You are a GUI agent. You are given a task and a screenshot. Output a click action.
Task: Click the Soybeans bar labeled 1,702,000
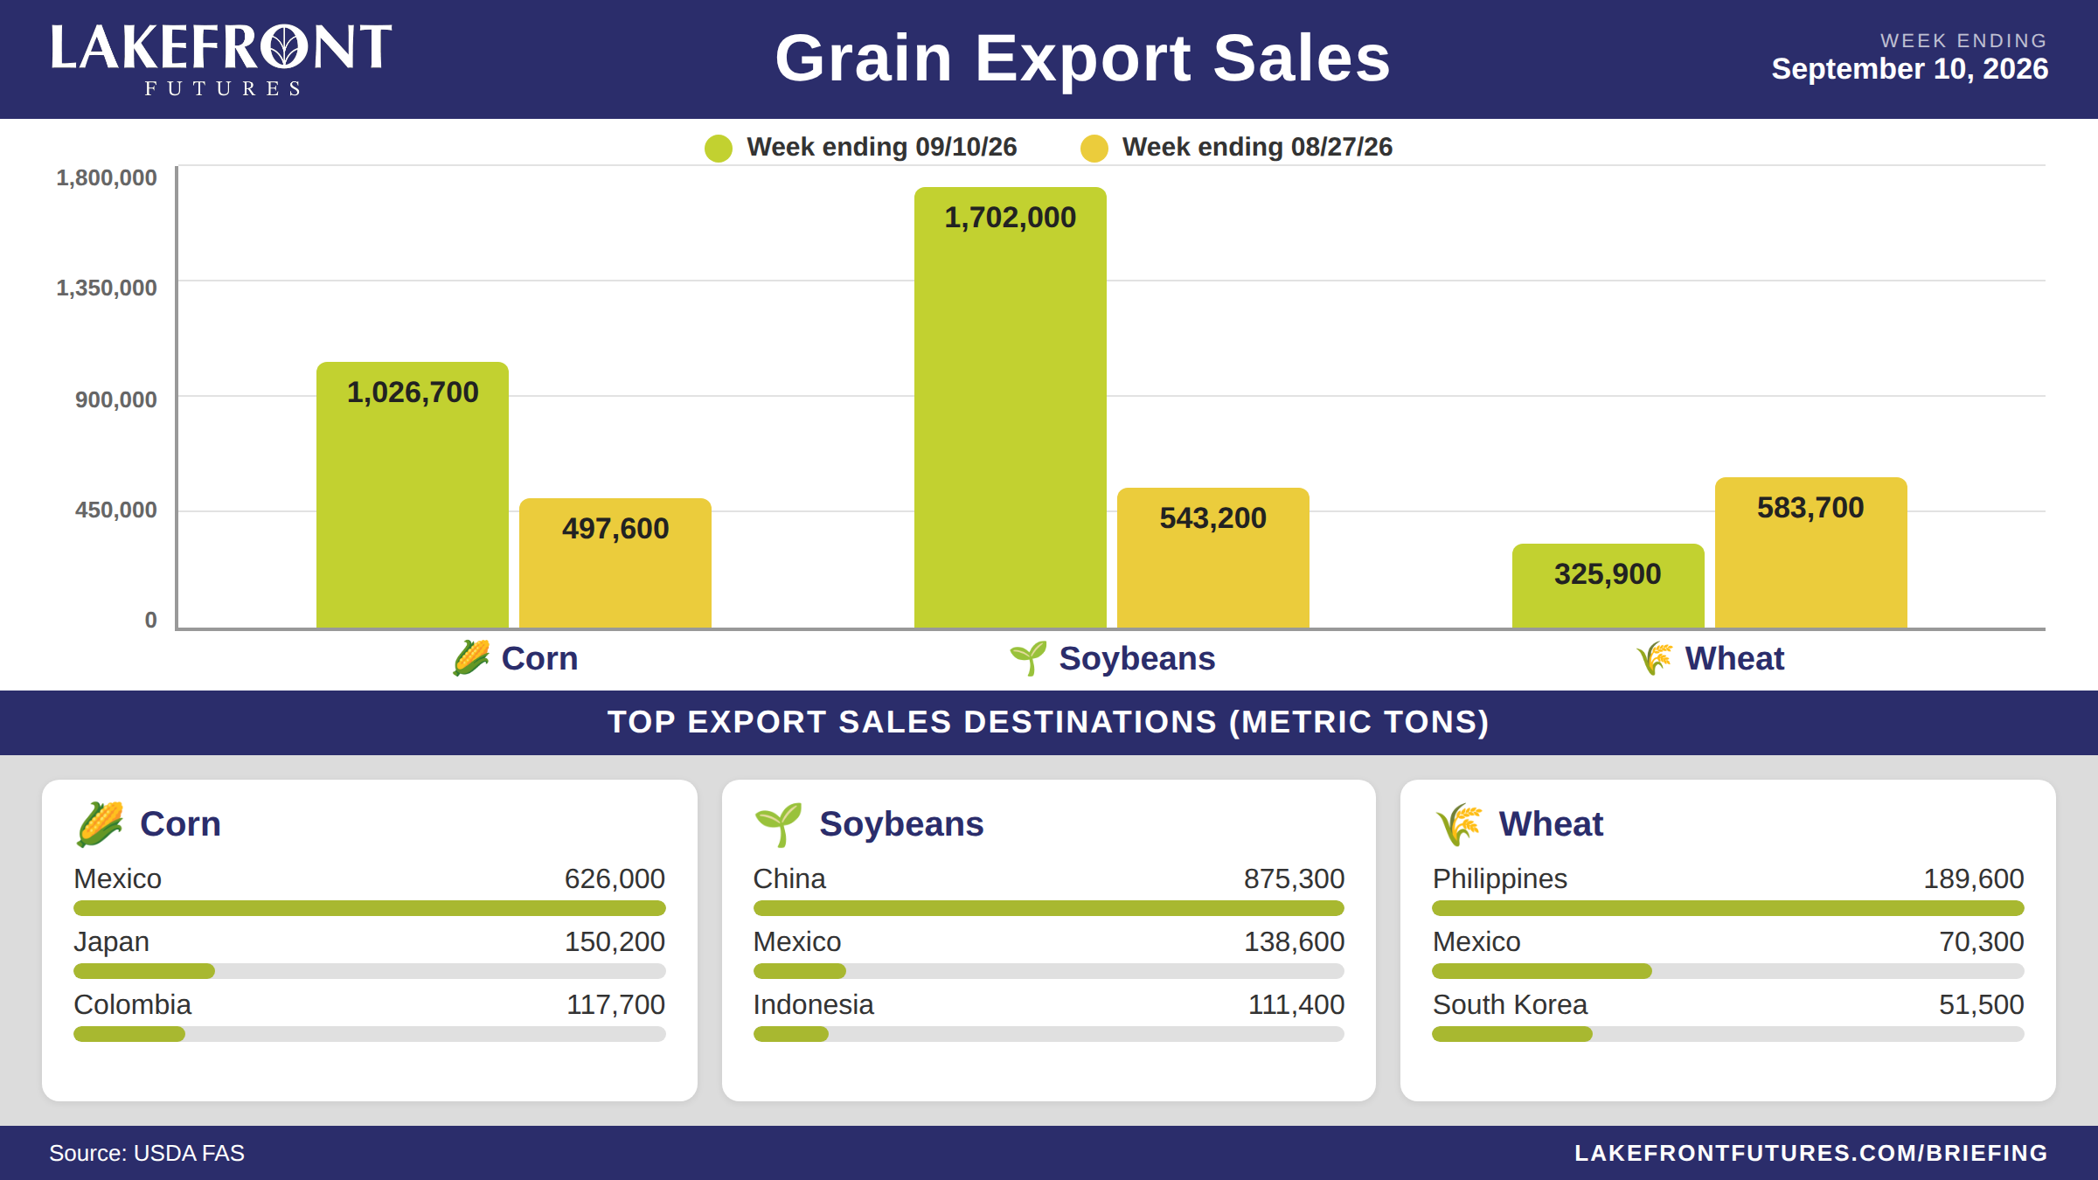[x=1010, y=407]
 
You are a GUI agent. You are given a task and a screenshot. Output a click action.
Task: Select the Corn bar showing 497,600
[x=615, y=563]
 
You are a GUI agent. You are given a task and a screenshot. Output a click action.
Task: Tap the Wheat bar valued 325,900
[x=1608, y=586]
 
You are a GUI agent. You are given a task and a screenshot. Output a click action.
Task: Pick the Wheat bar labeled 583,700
[x=1811, y=552]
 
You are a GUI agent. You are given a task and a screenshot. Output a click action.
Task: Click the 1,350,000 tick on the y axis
[x=107, y=288]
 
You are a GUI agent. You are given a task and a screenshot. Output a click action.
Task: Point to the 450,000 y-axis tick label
[x=115, y=510]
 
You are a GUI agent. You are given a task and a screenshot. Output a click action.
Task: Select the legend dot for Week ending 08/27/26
[x=1094, y=148]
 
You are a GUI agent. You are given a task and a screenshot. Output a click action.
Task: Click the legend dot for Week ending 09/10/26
[x=719, y=148]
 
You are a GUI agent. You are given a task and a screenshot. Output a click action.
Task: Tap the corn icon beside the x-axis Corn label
[x=471, y=658]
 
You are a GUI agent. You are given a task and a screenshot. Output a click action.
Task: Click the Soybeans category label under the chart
[x=1137, y=658]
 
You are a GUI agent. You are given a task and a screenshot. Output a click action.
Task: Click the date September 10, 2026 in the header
[x=1910, y=69]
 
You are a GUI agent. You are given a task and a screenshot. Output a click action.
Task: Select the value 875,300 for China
[x=1294, y=878]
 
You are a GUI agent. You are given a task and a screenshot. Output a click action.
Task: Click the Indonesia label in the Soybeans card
[x=814, y=1004]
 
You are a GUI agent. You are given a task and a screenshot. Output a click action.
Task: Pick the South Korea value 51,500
[x=1981, y=1004]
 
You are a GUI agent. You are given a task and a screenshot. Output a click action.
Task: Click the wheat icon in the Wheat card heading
[x=1459, y=824]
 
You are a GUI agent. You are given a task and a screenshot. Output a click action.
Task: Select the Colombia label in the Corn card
[x=133, y=1004]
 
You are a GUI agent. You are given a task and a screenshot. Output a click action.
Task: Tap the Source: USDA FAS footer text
[x=147, y=1153]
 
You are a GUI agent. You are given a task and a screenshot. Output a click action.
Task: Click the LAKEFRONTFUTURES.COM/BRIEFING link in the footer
[x=1811, y=1153]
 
